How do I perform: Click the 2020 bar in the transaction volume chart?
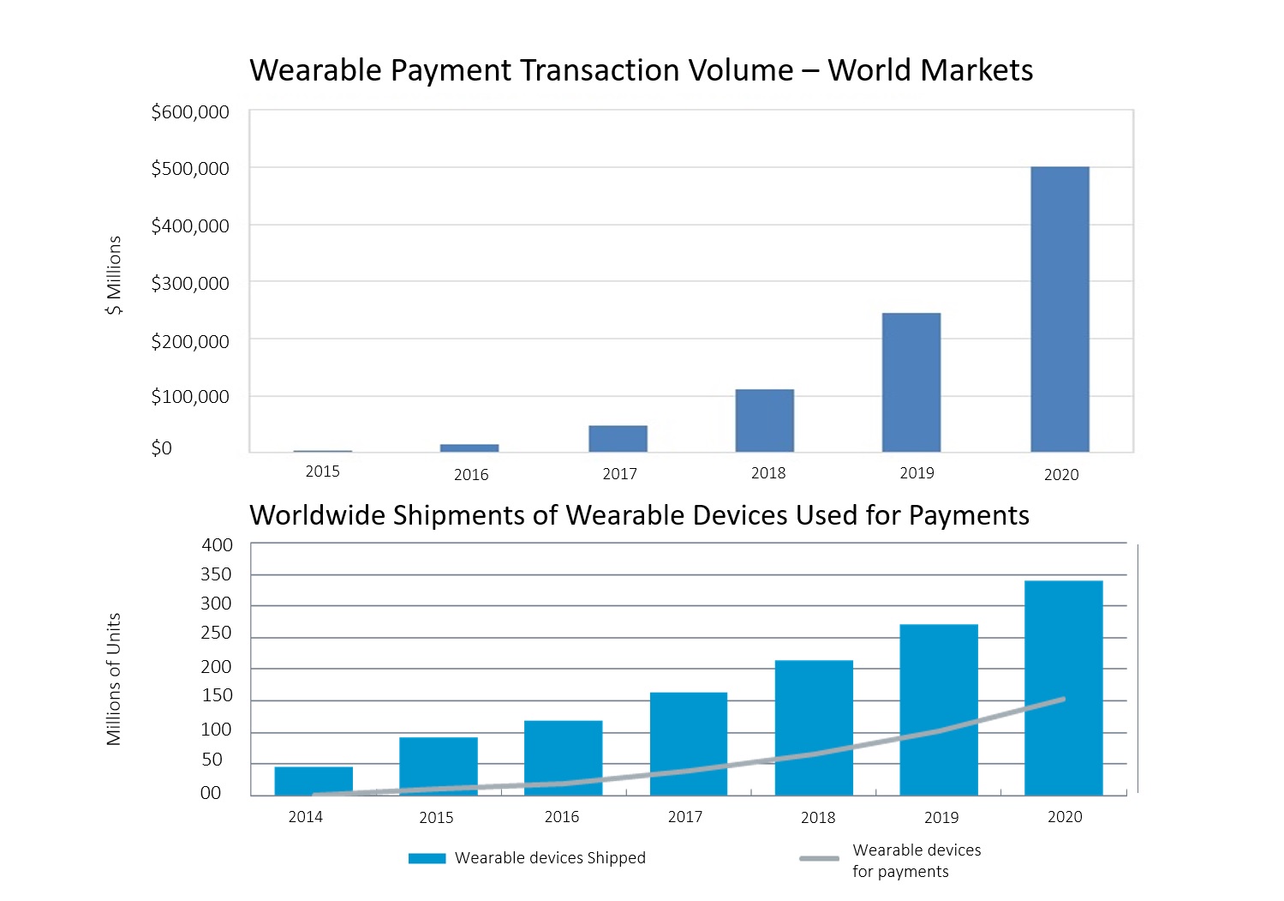(1060, 309)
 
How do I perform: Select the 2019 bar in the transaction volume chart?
(911, 382)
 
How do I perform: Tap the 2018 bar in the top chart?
(764, 420)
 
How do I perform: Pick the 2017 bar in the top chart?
(618, 438)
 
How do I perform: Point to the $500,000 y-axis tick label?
(190, 169)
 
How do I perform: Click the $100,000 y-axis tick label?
(190, 397)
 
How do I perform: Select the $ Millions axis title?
(114, 275)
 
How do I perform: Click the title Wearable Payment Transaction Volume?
(641, 70)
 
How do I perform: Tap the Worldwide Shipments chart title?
(639, 515)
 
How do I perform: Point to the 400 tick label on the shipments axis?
(218, 545)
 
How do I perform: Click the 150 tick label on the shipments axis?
(218, 696)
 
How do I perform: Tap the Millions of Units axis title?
(114, 679)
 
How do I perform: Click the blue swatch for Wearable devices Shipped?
(427, 858)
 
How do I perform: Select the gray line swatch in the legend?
(819, 859)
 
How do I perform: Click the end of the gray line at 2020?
(1063, 700)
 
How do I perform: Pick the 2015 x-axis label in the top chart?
(323, 472)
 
